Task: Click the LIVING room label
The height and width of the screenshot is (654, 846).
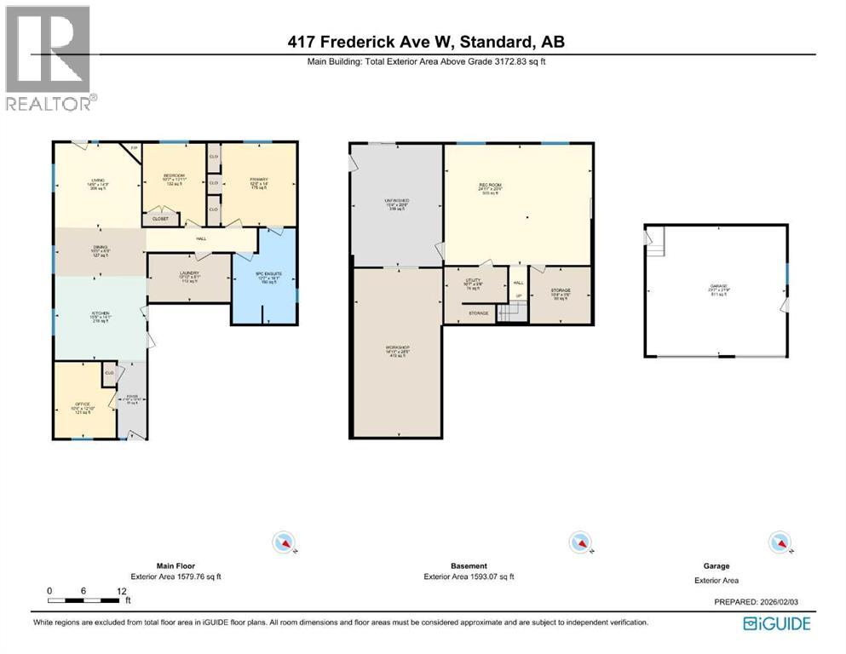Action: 98,180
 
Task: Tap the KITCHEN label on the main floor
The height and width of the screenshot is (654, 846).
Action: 101,313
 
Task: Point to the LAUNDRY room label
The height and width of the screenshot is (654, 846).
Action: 189,273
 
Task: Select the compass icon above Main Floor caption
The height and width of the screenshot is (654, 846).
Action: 284,542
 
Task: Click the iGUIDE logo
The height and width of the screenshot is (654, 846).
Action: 776,624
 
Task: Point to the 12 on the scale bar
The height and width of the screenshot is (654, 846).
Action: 122,590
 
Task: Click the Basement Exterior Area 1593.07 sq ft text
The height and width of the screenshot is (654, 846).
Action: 469,577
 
